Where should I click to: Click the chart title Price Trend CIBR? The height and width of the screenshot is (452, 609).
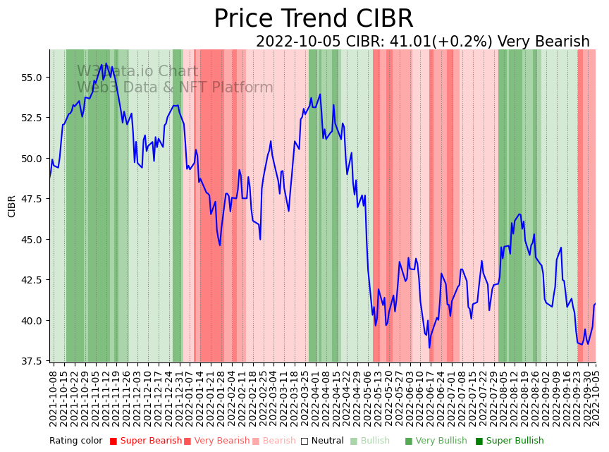coord(313,19)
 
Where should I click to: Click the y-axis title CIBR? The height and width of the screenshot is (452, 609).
coord(12,206)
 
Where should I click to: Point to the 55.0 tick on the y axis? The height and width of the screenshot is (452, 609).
coord(32,77)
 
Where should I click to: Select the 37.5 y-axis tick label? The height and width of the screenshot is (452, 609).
coord(32,361)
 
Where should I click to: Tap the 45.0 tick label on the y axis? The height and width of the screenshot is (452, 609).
coord(32,239)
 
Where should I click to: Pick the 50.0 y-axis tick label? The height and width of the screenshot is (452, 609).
coord(32,158)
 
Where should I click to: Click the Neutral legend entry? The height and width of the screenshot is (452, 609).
coord(317,441)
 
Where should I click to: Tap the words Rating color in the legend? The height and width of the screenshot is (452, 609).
coord(75,441)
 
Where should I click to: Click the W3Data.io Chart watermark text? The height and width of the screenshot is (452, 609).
coord(137,71)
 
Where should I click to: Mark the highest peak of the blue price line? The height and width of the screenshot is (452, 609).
coord(106,63)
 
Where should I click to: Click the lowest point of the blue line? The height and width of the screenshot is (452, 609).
coord(429,347)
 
